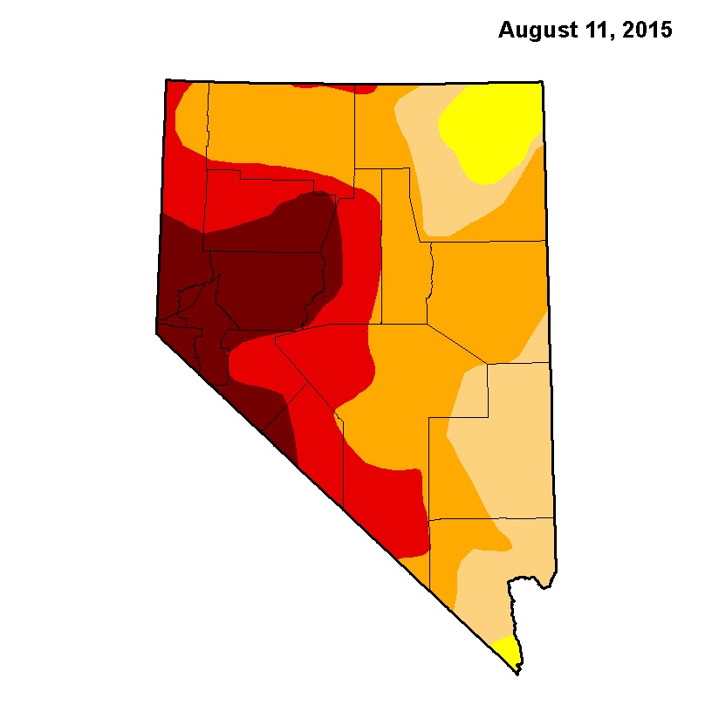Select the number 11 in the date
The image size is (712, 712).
pos(589,31)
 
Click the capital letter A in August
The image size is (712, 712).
pos(505,31)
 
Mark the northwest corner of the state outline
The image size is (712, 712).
pos(166,80)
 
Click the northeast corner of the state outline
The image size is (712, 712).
pos(543,83)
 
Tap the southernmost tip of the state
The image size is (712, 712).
pos(517,673)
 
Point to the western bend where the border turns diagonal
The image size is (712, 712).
pos(156,332)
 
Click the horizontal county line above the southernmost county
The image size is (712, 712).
pos(493,518)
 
